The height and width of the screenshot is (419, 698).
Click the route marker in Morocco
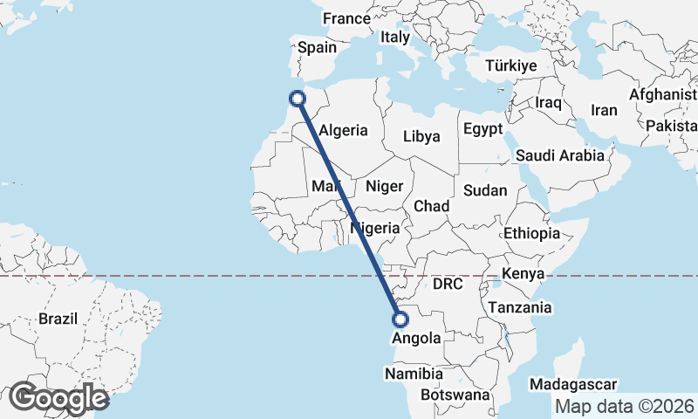[x=298, y=98]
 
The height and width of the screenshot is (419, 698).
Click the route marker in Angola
[x=401, y=319]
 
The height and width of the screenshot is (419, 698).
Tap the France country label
[x=346, y=18]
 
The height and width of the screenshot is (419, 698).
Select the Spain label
[x=317, y=48]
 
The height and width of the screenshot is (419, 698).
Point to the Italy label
[x=394, y=38]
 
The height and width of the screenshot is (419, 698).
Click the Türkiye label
[x=510, y=66]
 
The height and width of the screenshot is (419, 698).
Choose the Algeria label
[x=344, y=130]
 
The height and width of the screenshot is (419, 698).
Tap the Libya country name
[x=421, y=136]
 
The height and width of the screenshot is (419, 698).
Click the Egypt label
[x=483, y=129]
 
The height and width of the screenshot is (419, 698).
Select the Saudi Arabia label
[x=560, y=155]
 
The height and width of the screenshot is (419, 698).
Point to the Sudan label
[x=480, y=190]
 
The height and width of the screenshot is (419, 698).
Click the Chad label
[x=432, y=206]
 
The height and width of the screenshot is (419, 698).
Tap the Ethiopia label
[x=531, y=233]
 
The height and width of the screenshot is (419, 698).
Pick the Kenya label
[x=523, y=273]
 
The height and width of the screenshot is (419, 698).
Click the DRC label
[x=447, y=285]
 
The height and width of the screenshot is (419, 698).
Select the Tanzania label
[x=520, y=307]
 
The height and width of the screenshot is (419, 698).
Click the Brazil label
[x=58, y=319]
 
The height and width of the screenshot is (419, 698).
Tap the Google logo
[x=58, y=398]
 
